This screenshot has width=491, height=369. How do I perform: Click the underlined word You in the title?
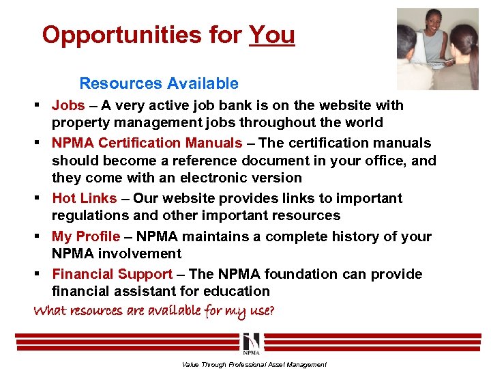coord(272,35)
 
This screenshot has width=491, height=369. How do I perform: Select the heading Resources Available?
coord(159,84)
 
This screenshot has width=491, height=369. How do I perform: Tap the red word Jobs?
coord(68,106)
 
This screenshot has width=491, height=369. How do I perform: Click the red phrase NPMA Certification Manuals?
coord(147,143)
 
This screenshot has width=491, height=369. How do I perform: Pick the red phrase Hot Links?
coord(84,199)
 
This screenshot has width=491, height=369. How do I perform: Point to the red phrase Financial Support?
coord(112,275)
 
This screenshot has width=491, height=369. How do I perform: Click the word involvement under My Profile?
coord(142,254)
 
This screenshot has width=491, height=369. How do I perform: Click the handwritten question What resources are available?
coord(154,312)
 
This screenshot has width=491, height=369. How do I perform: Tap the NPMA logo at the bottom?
coord(250,344)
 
